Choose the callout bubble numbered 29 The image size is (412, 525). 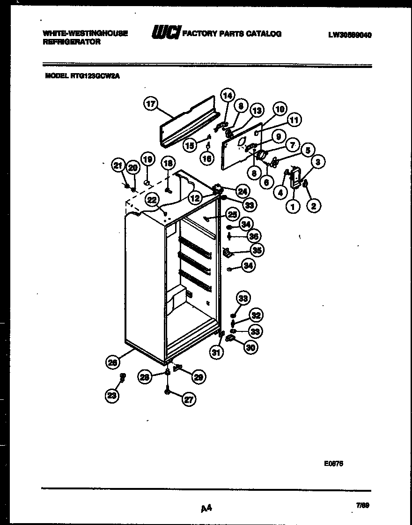point(199,376)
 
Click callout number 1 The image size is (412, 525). point(294,205)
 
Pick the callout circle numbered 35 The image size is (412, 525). point(256,250)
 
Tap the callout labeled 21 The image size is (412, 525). point(117,165)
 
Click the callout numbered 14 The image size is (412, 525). point(227,96)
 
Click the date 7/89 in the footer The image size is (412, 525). point(362,505)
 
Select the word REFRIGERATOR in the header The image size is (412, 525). point(72,42)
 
